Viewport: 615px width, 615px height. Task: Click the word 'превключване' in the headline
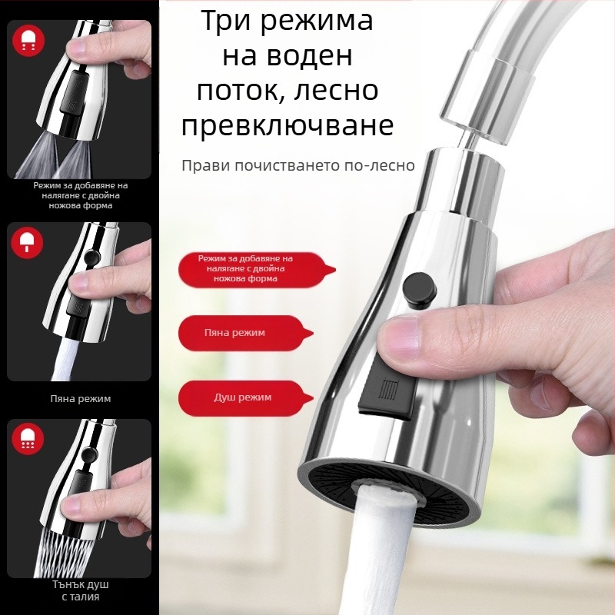[x=288, y=125]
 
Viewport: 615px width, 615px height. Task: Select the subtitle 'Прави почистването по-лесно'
[x=298, y=165]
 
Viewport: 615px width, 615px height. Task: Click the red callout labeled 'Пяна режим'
[x=245, y=334]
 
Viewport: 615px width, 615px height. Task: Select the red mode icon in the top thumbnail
[x=29, y=42]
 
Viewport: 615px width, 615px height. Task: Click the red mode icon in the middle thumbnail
[x=29, y=243]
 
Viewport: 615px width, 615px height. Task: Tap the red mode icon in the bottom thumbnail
[x=29, y=439]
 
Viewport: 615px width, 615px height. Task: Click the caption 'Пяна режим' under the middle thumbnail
[x=80, y=399]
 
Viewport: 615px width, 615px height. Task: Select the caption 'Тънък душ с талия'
[x=80, y=590]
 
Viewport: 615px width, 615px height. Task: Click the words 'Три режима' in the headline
[x=288, y=21]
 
